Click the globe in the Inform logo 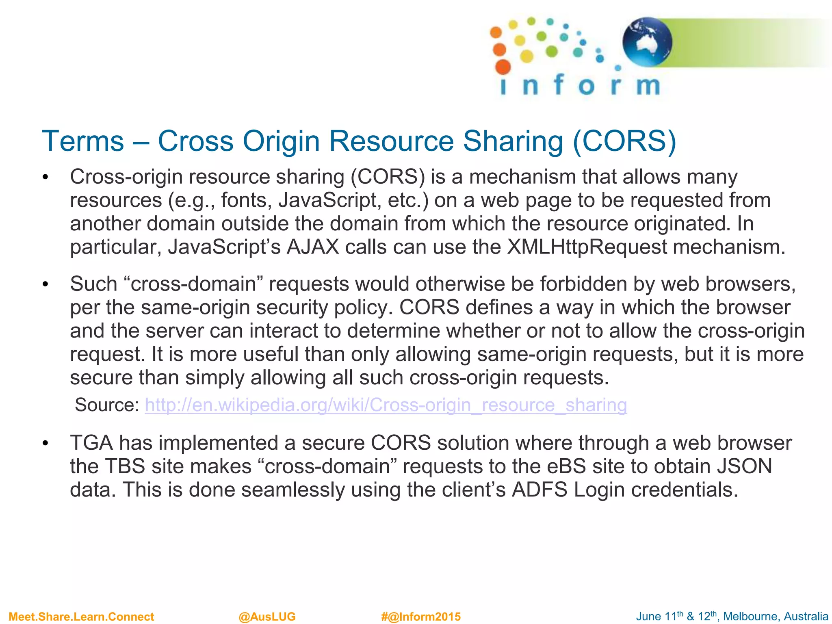[x=647, y=42]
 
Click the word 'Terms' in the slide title [x=83, y=141]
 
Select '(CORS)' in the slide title [x=624, y=141]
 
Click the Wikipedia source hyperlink [x=386, y=405]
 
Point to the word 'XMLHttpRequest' [x=587, y=247]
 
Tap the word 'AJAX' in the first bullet [x=313, y=247]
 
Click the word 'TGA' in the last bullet [x=91, y=443]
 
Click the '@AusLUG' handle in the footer [x=267, y=617]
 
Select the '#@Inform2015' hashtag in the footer [x=421, y=617]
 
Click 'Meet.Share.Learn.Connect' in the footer [x=81, y=617]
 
